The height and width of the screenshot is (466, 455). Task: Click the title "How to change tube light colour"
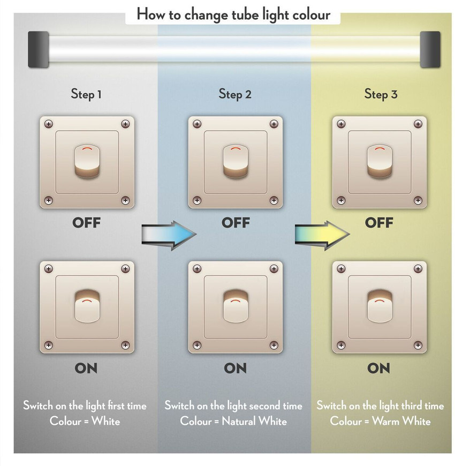tap(233, 15)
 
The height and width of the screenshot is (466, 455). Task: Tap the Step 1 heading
tap(86, 94)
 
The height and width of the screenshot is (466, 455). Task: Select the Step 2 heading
tap(235, 94)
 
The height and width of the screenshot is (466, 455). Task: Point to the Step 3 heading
tap(381, 94)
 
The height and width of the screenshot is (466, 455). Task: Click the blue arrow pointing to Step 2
tap(169, 235)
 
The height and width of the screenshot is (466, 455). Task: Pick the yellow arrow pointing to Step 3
tap(322, 235)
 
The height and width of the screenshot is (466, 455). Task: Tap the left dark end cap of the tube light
tap(39, 49)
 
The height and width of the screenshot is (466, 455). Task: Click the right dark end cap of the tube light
tap(430, 49)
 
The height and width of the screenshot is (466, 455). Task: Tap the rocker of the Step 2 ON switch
tap(236, 306)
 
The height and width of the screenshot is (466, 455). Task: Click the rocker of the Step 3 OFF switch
tap(380, 162)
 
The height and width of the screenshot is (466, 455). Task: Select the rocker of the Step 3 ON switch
tap(380, 306)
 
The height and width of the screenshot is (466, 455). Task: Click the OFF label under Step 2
tap(236, 223)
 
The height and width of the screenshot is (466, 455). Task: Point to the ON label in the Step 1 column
tap(86, 368)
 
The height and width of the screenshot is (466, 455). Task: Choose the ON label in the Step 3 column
tap(378, 368)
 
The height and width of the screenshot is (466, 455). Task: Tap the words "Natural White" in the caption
tap(254, 421)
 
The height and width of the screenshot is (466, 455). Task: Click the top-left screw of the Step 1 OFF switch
tap(49, 124)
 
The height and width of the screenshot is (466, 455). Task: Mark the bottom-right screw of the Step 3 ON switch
tap(418, 345)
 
